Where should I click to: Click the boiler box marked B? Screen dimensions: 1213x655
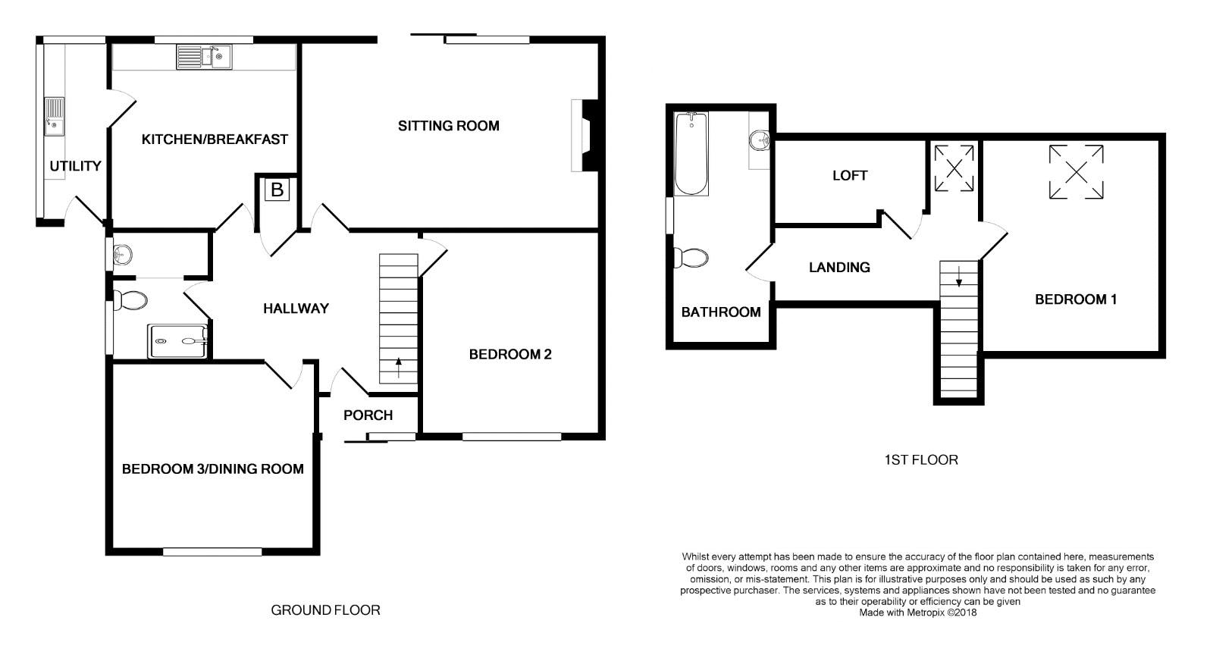[x=277, y=190]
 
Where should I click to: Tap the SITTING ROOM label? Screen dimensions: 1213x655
[x=448, y=126]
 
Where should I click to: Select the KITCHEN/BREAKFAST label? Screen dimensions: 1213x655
[x=215, y=139]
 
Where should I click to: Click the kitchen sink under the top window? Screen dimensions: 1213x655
[x=204, y=57]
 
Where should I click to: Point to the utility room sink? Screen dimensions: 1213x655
[x=54, y=117]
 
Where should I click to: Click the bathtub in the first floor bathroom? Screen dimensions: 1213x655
[x=691, y=154]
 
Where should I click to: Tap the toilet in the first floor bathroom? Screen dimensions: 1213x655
[x=691, y=259]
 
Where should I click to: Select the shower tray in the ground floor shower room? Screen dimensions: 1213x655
[x=178, y=341]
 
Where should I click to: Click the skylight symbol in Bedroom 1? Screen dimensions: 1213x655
[x=1076, y=172]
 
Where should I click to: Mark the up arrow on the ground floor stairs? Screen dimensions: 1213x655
[x=399, y=368]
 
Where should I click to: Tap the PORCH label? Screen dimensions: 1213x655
[x=368, y=415]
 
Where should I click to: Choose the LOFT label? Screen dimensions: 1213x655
[x=850, y=175]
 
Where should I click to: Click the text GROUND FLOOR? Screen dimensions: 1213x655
[x=325, y=610]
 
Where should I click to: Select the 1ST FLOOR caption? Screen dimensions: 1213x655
[x=921, y=460]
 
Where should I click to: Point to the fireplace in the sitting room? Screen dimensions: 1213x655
[x=585, y=136]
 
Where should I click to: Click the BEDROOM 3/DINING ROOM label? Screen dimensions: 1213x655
[x=213, y=469]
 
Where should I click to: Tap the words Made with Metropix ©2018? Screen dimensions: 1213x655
[x=918, y=613]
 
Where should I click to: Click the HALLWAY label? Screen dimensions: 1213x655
[x=296, y=309]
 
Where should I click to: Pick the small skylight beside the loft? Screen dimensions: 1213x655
[x=954, y=168]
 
